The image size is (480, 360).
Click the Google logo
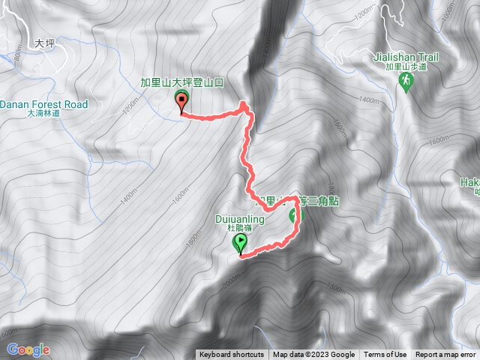pos(28,349)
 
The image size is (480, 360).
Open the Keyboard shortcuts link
pos(231,355)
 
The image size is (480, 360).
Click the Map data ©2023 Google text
pos(313,355)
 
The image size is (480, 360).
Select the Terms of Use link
pos(385,355)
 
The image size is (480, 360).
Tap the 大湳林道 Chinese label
pos(43,114)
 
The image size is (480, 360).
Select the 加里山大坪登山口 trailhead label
pos(182,83)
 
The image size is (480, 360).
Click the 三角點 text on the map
pos(323,200)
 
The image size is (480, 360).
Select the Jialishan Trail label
pos(405,56)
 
